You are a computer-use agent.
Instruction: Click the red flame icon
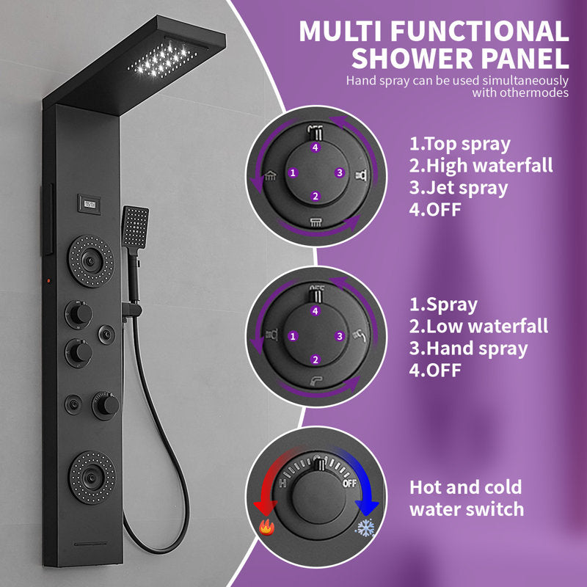pos(266,527)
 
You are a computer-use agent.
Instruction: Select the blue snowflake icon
pos(365,527)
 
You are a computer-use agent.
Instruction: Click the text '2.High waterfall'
pos(481,166)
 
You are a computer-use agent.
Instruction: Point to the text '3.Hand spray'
pos(468,349)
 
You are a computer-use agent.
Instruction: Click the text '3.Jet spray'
pos(459,187)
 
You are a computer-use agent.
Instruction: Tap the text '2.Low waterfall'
pos(478,327)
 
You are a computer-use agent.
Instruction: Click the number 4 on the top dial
pos(315,147)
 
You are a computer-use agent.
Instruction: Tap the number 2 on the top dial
pos(315,196)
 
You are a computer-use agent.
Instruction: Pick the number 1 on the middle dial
pos(293,336)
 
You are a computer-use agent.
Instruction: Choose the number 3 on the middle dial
pos(338,336)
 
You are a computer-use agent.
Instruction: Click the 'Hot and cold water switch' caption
pos(466,498)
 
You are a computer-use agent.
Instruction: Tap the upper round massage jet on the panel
pos(91,259)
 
